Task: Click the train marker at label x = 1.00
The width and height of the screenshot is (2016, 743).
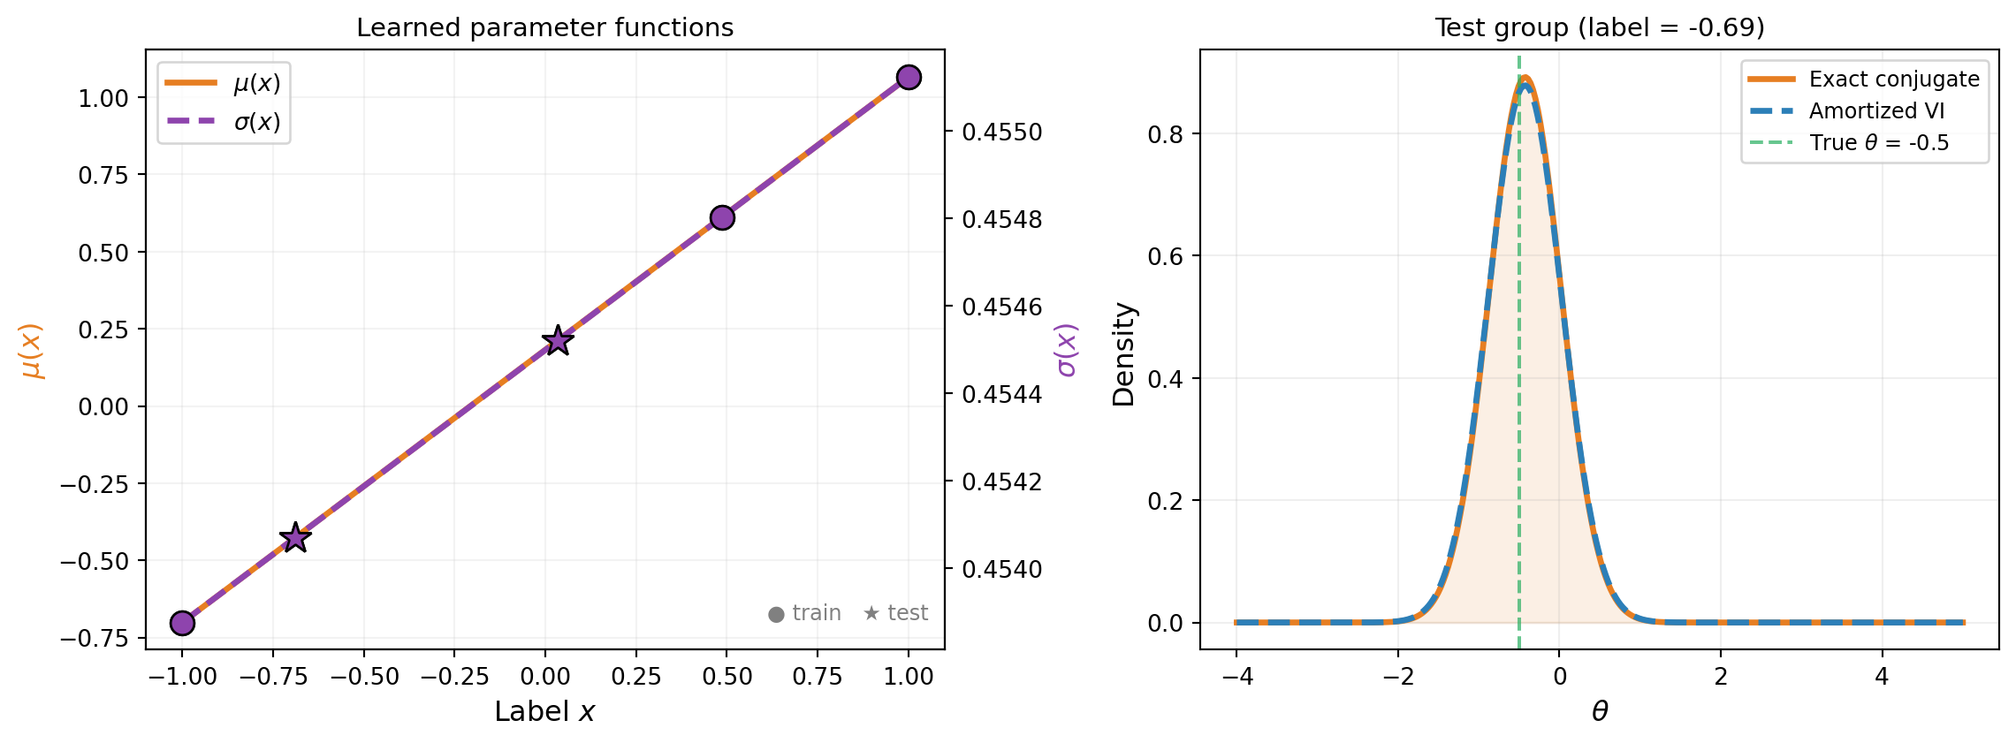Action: coord(909,78)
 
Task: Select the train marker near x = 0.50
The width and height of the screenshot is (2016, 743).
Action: coord(722,217)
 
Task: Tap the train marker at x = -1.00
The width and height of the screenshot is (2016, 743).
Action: coord(182,623)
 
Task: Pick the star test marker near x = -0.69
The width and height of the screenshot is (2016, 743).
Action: coord(294,537)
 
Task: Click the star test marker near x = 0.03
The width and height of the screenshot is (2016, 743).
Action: coord(557,340)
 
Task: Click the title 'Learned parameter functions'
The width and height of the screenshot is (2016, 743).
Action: coord(544,28)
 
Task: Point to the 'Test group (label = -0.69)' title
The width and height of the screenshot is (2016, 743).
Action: coord(1599,28)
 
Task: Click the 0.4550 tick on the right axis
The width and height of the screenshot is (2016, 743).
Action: coord(1001,133)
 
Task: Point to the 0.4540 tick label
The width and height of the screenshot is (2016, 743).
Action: coord(1001,570)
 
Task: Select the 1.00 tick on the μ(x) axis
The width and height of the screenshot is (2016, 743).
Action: coord(103,98)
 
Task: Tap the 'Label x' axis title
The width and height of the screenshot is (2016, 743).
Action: coord(544,712)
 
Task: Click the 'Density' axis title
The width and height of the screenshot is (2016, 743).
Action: coord(1123,354)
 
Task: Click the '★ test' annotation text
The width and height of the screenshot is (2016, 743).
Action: coord(895,613)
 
